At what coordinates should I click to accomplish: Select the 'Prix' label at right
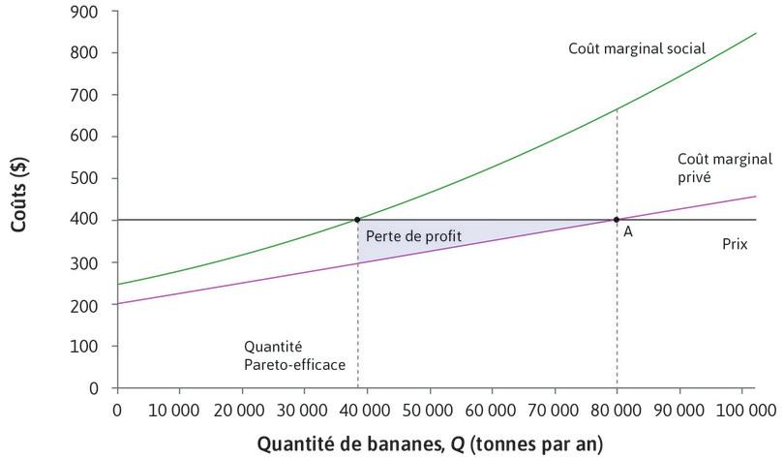click(735, 244)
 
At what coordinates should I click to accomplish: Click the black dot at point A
click(617, 220)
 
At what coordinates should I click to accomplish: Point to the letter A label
click(628, 232)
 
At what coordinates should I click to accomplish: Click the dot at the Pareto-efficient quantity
click(358, 220)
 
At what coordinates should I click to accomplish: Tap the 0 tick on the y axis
click(94, 388)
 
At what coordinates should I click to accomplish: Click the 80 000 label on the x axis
click(616, 411)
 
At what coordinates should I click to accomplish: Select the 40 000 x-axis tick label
click(366, 411)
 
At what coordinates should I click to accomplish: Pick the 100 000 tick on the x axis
click(740, 411)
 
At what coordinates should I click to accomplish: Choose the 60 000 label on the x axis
click(491, 411)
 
